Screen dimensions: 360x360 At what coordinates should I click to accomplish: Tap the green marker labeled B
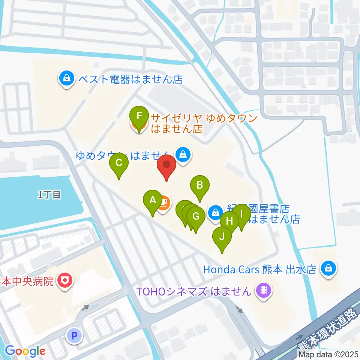200,185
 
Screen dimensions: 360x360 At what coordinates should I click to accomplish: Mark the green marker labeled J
222,237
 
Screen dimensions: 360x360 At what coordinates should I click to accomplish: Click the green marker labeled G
196,217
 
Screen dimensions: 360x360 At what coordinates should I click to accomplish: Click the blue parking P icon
74,336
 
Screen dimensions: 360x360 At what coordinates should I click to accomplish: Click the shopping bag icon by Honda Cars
328,268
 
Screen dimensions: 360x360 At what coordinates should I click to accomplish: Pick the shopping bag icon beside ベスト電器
66,79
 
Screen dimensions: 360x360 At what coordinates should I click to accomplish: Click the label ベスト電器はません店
130,79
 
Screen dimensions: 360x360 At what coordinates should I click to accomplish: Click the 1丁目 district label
49,195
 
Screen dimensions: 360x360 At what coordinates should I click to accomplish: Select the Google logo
25,351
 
